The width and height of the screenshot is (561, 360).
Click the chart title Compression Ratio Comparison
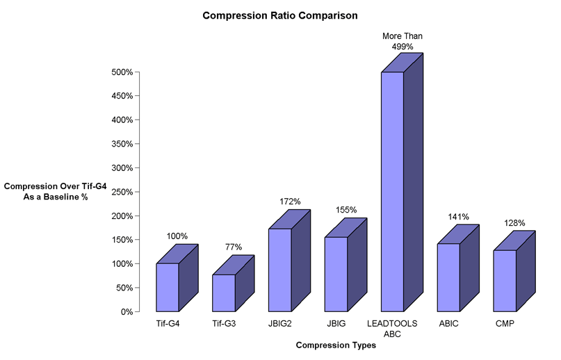pos(280,15)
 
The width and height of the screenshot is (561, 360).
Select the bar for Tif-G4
pos(168,287)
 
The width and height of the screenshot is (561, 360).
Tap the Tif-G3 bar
pos(223,293)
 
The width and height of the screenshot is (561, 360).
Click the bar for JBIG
pos(336,274)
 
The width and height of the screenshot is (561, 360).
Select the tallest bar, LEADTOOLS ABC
pos(392,191)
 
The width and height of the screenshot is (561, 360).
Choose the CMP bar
pos(505,280)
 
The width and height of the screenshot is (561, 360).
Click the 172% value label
pos(290,202)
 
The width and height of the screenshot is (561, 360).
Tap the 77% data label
pos(234,247)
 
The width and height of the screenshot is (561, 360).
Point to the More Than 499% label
pos(403,41)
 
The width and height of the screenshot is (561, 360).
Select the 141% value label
pos(459,217)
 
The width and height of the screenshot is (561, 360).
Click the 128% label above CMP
pos(515,223)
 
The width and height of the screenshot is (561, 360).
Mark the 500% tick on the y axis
pos(122,72)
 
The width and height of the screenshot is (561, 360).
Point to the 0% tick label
pos(127,311)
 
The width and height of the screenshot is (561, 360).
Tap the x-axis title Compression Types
pos(336,345)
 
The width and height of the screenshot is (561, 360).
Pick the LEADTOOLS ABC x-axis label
pos(392,329)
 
